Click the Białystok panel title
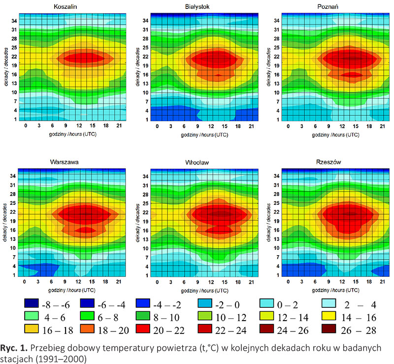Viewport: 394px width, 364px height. tap(203, 7)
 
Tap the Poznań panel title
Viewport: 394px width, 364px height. tap(332, 7)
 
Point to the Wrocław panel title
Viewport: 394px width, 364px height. tap(203, 162)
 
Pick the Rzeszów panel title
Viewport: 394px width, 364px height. tap(332, 162)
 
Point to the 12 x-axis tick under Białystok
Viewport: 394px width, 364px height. tap(203, 126)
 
